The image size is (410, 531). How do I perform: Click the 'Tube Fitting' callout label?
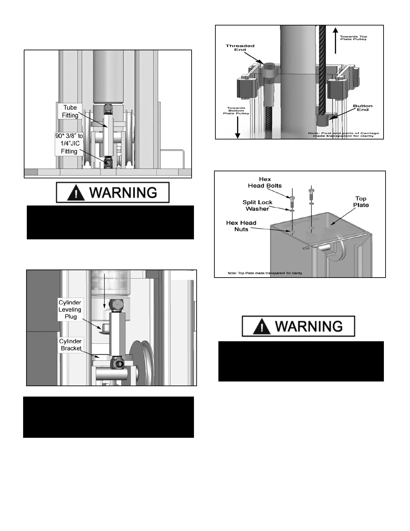(70, 111)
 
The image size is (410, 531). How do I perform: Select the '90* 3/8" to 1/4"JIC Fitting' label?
(69, 143)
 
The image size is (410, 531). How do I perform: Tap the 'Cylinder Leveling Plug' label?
(70, 309)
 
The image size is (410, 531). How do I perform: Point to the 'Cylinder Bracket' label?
(70, 345)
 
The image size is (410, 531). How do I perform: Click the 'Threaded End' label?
(240, 48)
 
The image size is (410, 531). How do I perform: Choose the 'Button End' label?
(362, 108)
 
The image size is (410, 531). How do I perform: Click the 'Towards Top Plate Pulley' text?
(353, 38)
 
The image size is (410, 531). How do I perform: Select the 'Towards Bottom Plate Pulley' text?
(236, 111)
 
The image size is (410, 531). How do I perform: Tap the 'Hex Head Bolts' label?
(265, 182)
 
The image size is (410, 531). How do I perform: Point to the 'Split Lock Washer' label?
(257, 205)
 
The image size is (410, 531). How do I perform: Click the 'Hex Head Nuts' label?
(241, 226)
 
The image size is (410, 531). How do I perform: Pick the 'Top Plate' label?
(361, 202)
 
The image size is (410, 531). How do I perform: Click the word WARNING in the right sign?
(309, 326)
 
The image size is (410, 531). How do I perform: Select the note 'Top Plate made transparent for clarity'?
(265, 273)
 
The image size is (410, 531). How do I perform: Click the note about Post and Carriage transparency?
(343, 134)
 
